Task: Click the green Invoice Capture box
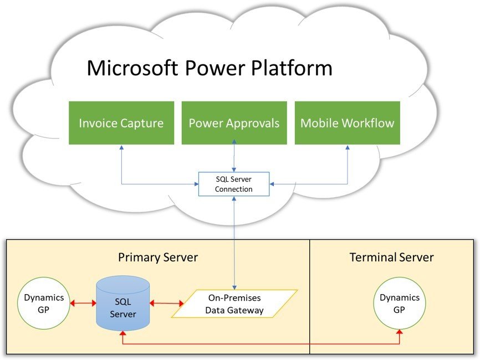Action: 121,123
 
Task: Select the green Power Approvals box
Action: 234,123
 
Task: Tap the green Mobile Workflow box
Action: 347,123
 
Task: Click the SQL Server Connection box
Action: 234,184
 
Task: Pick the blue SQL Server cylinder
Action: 122,304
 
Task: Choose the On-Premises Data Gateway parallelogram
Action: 234,304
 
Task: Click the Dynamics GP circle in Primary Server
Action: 44,303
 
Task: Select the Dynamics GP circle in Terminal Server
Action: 399,303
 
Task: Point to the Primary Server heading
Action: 158,258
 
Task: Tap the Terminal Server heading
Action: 391,258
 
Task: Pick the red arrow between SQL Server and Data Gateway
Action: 166,304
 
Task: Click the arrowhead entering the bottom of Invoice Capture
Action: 121,148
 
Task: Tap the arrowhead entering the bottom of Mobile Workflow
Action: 348,148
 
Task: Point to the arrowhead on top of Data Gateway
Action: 234,285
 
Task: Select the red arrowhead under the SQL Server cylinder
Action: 122,333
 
